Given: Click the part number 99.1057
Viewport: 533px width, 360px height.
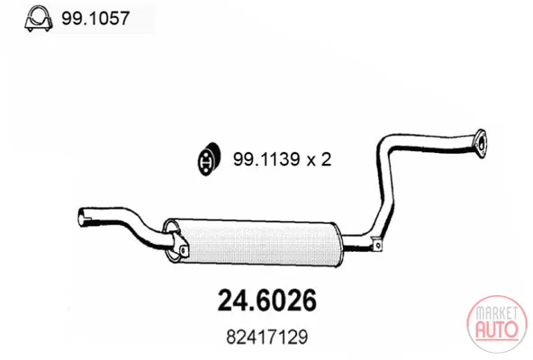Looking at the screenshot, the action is pos(95,18).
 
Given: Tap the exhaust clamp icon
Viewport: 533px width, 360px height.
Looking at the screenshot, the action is pos(39,19).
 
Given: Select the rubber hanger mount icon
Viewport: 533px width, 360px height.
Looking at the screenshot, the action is pos(210,159).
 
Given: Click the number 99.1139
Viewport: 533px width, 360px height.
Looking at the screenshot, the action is pos(266,159).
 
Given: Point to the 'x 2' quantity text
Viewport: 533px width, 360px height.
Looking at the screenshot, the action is pos(320,159).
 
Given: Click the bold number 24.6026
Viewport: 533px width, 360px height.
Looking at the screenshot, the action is pos(267,301).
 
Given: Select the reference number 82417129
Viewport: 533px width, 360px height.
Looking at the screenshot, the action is pos(267,337).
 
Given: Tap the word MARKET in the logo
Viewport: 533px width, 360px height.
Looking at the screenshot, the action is pos(497,313).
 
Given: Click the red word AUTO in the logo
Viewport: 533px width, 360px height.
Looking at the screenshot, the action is pos(497,329).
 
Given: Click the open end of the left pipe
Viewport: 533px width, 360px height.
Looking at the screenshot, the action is pos(82,217).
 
